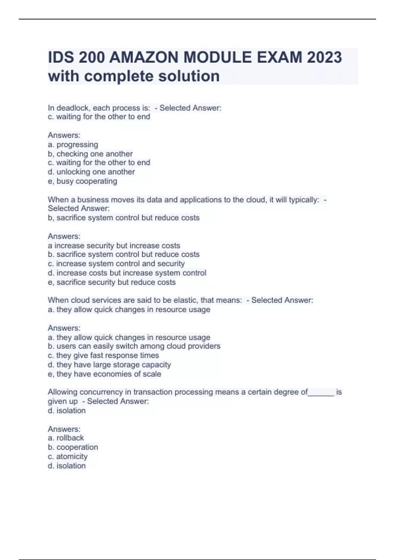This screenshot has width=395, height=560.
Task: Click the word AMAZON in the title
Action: tap(144, 57)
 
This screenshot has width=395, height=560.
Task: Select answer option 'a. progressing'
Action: tap(73, 145)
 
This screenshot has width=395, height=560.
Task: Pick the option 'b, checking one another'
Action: tap(90, 154)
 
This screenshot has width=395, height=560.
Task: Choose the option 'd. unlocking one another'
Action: tap(91, 172)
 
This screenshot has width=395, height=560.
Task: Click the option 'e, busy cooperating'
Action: tap(82, 181)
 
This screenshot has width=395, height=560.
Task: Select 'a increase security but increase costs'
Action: tap(114, 246)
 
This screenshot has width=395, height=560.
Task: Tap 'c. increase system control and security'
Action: tap(116, 264)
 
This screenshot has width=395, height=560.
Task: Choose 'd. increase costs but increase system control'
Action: tap(127, 273)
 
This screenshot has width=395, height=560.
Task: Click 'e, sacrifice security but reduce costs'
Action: tap(112, 282)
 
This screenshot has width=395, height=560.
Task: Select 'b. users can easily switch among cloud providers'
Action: tap(134, 346)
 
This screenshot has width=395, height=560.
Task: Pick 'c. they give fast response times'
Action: tap(103, 355)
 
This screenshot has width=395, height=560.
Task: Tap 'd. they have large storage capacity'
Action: tap(109, 365)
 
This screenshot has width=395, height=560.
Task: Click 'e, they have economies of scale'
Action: tap(104, 374)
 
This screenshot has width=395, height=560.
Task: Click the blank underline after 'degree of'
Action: tap(321, 393)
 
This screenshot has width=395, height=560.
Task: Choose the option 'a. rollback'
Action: tap(66, 438)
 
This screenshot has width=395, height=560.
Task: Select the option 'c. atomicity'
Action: tap(67, 457)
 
